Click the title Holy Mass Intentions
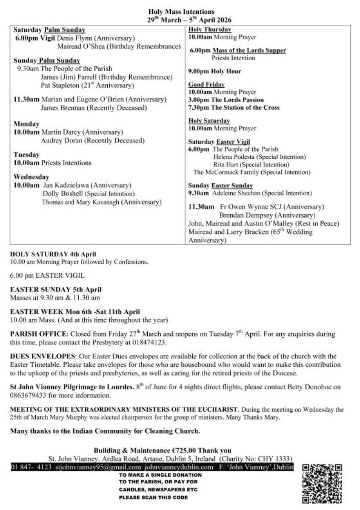(x=181, y=11)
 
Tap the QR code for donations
(x=322, y=484)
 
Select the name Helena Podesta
(x=234, y=156)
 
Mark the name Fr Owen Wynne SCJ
(x=251, y=207)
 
